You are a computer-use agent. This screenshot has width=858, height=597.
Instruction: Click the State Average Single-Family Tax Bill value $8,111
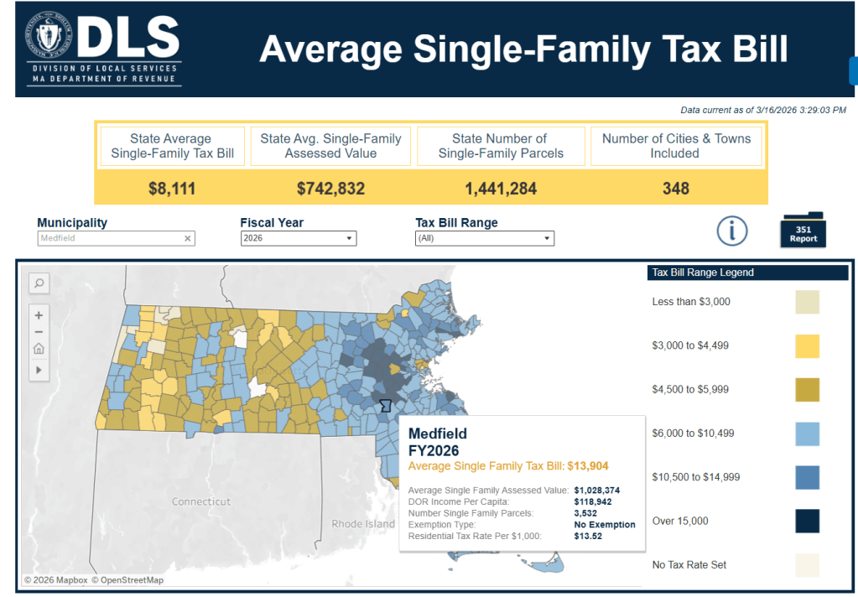(x=172, y=189)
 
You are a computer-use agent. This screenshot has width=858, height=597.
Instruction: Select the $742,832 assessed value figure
(x=330, y=189)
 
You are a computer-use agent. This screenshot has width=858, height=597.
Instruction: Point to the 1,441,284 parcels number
(x=501, y=189)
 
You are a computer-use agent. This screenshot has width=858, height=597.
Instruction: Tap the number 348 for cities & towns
(x=675, y=189)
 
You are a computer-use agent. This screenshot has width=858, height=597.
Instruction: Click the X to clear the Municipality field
(x=188, y=239)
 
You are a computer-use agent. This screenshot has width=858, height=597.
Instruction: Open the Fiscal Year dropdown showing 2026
(x=298, y=239)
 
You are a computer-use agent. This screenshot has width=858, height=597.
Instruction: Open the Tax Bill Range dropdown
(x=485, y=239)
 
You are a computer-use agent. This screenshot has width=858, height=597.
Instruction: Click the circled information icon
(x=732, y=230)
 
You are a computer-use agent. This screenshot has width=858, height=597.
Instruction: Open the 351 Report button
(x=803, y=230)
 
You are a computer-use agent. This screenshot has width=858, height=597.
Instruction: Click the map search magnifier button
(x=39, y=283)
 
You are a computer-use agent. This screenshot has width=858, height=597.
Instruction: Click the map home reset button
(x=39, y=350)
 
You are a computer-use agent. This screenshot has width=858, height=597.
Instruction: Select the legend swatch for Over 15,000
(x=807, y=521)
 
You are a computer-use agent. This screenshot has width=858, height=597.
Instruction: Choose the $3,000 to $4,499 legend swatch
(x=807, y=345)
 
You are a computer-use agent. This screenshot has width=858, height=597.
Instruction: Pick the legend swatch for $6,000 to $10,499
(x=807, y=433)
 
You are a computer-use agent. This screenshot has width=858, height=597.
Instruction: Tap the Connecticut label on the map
(x=201, y=501)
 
